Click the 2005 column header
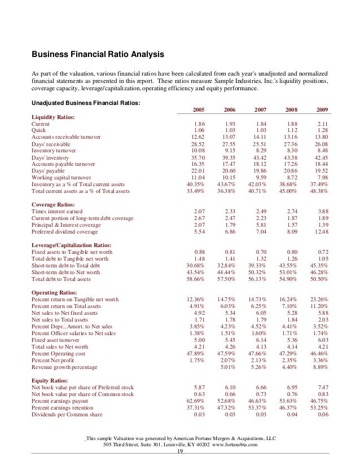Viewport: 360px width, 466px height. click(x=199, y=109)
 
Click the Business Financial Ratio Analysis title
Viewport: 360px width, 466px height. click(x=98, y=55)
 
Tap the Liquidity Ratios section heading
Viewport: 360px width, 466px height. click(x=54, y=116)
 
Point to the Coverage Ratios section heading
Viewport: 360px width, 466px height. click(x=54, y=204)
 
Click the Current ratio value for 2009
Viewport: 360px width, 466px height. click(x=323, y=123)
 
